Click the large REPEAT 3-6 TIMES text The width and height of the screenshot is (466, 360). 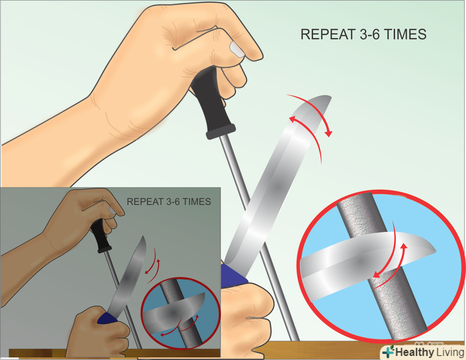point(363,35)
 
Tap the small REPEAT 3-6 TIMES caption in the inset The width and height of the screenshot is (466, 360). point(169,202)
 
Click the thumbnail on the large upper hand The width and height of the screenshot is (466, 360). point(237,49)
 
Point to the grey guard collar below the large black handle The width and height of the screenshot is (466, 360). point(221,132)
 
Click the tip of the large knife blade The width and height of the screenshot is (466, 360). point(330,97)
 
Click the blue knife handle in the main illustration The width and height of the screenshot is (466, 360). point(233,275)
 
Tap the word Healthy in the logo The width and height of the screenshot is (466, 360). point(415,352)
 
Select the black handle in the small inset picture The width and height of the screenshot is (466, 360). point(100,236)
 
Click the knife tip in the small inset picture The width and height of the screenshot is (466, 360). point(144,237)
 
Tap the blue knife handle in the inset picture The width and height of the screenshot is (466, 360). point(107,318)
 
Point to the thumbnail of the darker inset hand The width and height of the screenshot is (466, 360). point(112,211)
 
